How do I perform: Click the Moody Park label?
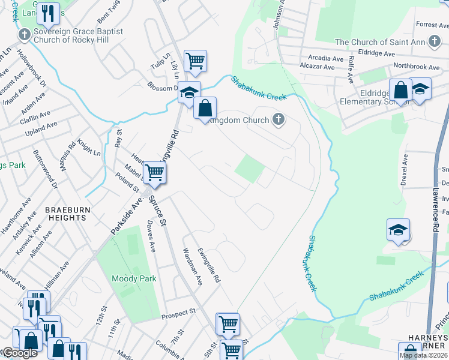pyautogui.click(x=134, y=278)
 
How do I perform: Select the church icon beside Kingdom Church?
pyautogui.click(x=277, y=120)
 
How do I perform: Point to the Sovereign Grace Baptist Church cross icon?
pyautogui.click(x=25, y=35)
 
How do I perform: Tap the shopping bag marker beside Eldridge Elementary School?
pyautogui.click(x=400, y=91)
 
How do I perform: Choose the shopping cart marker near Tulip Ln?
pyautogui.click(x=195, y=61)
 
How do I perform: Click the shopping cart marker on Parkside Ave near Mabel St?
pyautogui.click(x=155, y=173)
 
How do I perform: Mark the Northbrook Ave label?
pyautogui.click(x=417, y=67)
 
